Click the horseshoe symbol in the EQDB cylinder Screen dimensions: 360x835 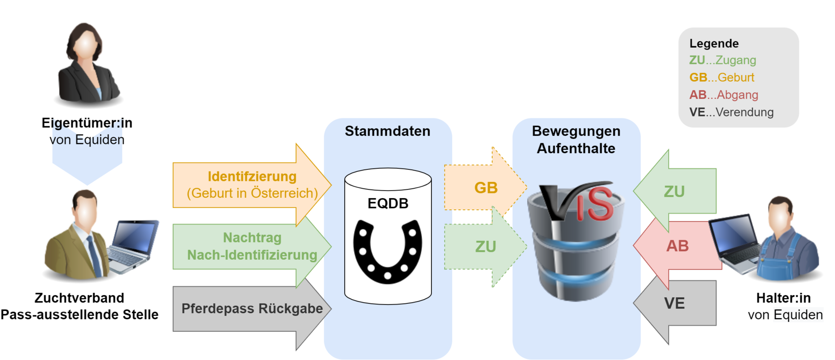pyautogui.click(x=387, y=251)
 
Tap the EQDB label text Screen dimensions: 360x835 pyautogui.click(x=388, y=203)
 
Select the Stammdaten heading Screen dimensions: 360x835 pyautogui.click(x=387, y=131)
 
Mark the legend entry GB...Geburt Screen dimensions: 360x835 pyautogui.click(x=721, y=77)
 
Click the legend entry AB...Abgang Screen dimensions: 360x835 pyautogui.click(x=723, y=95)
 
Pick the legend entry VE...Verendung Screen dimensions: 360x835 pyautogui.click(x=731, y=112)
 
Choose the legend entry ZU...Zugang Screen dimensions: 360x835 pyautogui.click(x=722, y=60)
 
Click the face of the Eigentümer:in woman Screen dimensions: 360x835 pyautogui.click(x=85, y=47)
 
